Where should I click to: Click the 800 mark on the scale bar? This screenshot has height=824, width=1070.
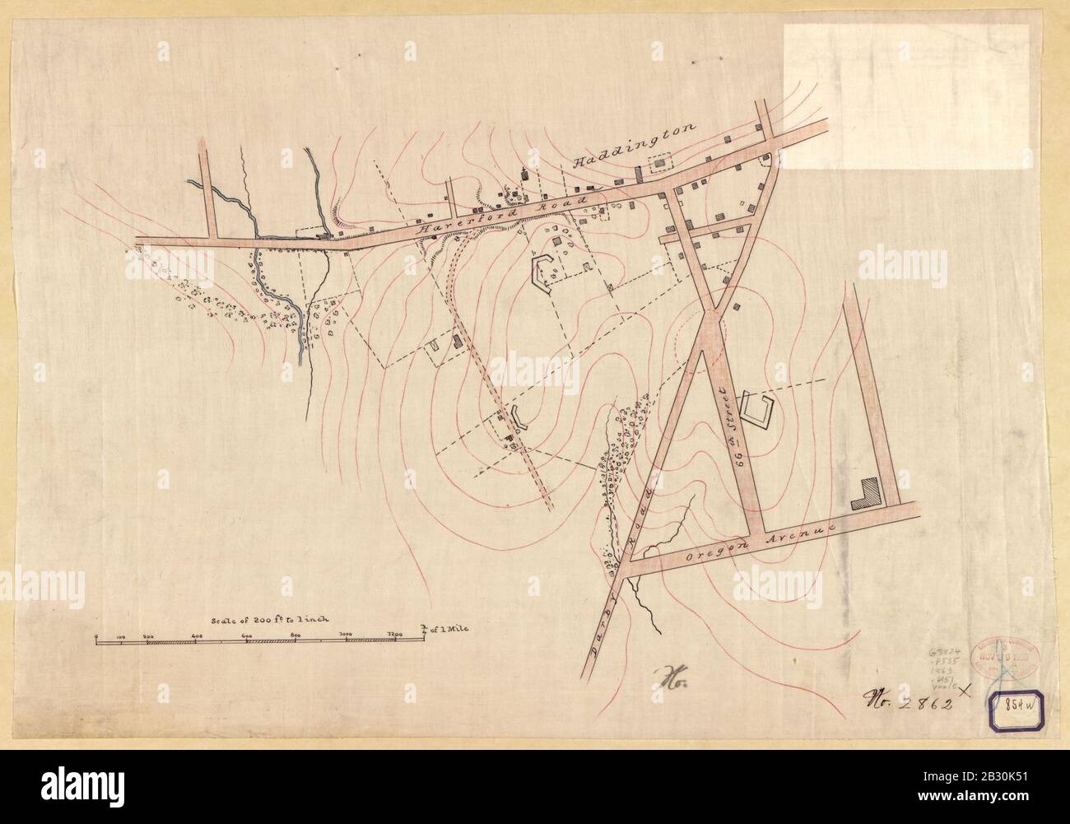tap(295, 635)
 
